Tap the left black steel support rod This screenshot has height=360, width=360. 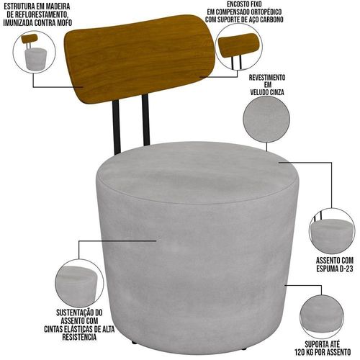pyautogui.click(x=116, y=127)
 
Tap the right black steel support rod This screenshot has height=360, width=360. pyautogui.click(x=146, y=120)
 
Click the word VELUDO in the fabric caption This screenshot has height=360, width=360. pyautogui.click(x=258, y=92)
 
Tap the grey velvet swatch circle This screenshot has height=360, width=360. pyautogui.click(x=266, y=120)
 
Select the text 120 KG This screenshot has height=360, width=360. pyautogui.click(x=305, y=352)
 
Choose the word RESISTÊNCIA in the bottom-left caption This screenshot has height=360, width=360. pyautogui.click(x=79, y=337)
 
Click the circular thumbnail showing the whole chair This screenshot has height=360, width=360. pyautogui.click(x=34, y=52)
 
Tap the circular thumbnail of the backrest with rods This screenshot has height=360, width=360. pyautogui.click(x=239, y=47)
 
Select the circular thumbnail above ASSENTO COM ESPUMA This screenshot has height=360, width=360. pyautogui.click(x=332, y=231)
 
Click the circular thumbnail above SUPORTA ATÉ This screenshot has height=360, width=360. pyautogui.click(x=322, y=317)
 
